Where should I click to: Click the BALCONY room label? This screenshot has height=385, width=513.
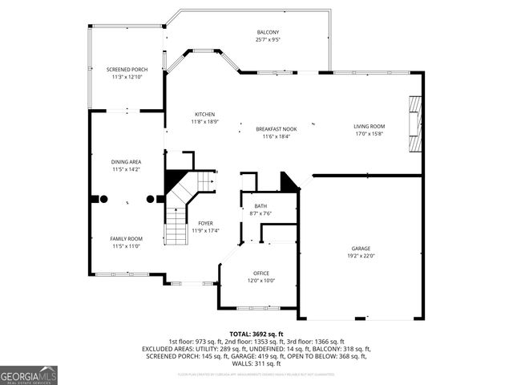(268, 32)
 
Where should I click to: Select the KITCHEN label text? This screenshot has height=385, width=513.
(204, 115)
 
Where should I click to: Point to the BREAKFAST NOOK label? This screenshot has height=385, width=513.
(276, 129)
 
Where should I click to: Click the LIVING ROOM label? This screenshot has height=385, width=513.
(370, 127)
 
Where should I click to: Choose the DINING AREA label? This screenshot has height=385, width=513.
(126, 162)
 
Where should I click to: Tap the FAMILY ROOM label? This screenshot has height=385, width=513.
(126, 238)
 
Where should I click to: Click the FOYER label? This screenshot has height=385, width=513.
(205, 224)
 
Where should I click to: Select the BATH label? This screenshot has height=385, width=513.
(261, 206)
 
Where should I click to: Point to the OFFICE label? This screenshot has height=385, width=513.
(261, 273)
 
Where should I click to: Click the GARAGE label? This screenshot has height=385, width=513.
(361, 249)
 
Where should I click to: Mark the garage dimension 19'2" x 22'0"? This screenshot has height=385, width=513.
(361, 256)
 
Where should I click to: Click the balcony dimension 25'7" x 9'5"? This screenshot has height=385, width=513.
(268, 39)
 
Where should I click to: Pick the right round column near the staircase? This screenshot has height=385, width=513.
(150, 198)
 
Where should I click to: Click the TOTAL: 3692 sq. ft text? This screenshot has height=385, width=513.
(256, 334)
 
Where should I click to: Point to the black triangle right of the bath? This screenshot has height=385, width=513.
(288, 182)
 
